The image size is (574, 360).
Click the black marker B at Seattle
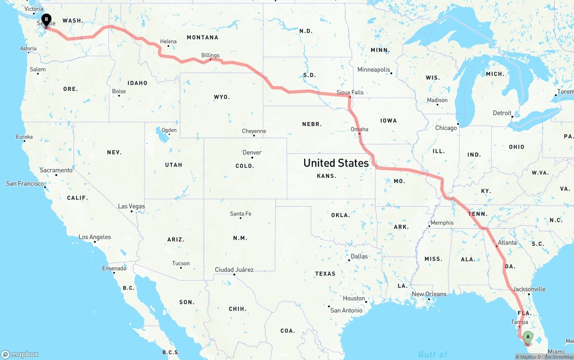[46, 19]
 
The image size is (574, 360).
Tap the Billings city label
[210, 56]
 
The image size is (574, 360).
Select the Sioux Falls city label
[350, 92]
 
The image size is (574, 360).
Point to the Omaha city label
[359, 129]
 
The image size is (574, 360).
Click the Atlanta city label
[507, 243]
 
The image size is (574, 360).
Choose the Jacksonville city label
[529, 289]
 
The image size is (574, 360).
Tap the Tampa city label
[519, 322]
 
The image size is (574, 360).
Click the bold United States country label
[336, 163]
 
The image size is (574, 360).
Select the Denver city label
[252, 152]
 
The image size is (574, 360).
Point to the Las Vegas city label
[131, 206]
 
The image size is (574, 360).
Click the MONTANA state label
[202, 37]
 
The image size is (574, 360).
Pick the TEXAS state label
[325, 273]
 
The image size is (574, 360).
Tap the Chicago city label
[446, 128]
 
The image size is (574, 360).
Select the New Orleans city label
[429, 294]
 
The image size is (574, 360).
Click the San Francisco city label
[25, 183]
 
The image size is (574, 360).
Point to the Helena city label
[169, 41]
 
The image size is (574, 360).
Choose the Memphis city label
[442, 223]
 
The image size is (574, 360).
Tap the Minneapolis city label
[374, 69]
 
